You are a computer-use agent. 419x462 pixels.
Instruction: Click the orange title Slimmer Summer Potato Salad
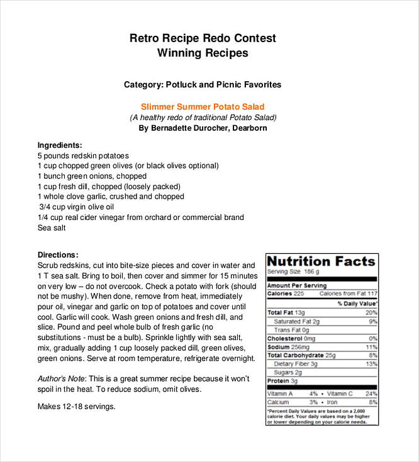click(203, 107)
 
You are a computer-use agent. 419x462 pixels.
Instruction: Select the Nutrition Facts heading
click(321, 261)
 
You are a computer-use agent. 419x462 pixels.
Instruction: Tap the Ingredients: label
click(60, 145)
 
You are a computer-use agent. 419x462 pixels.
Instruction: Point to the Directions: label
click(58, 255)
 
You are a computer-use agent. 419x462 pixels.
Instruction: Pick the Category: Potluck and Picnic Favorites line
click(203, 84)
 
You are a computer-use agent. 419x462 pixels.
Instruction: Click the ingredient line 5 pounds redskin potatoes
click(83, 156)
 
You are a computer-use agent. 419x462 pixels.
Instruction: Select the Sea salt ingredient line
click(52, 228)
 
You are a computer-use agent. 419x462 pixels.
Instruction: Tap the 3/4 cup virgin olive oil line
click(76, 207)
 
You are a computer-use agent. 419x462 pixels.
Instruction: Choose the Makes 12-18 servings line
click(77, 406)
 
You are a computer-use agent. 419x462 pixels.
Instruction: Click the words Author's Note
click(61, 378)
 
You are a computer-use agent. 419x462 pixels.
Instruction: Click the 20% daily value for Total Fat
click(371, 312)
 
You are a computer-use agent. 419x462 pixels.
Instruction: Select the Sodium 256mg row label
click(289, 347)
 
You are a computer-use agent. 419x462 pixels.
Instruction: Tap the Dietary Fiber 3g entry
click(296, 364)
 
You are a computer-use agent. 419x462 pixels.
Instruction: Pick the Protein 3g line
click(282, 381)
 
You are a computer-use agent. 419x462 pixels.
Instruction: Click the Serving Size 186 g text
click(294, 272)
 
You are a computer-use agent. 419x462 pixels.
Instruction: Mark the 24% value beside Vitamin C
click(371, 393)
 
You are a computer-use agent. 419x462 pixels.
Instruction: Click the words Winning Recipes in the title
click(203, 53)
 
